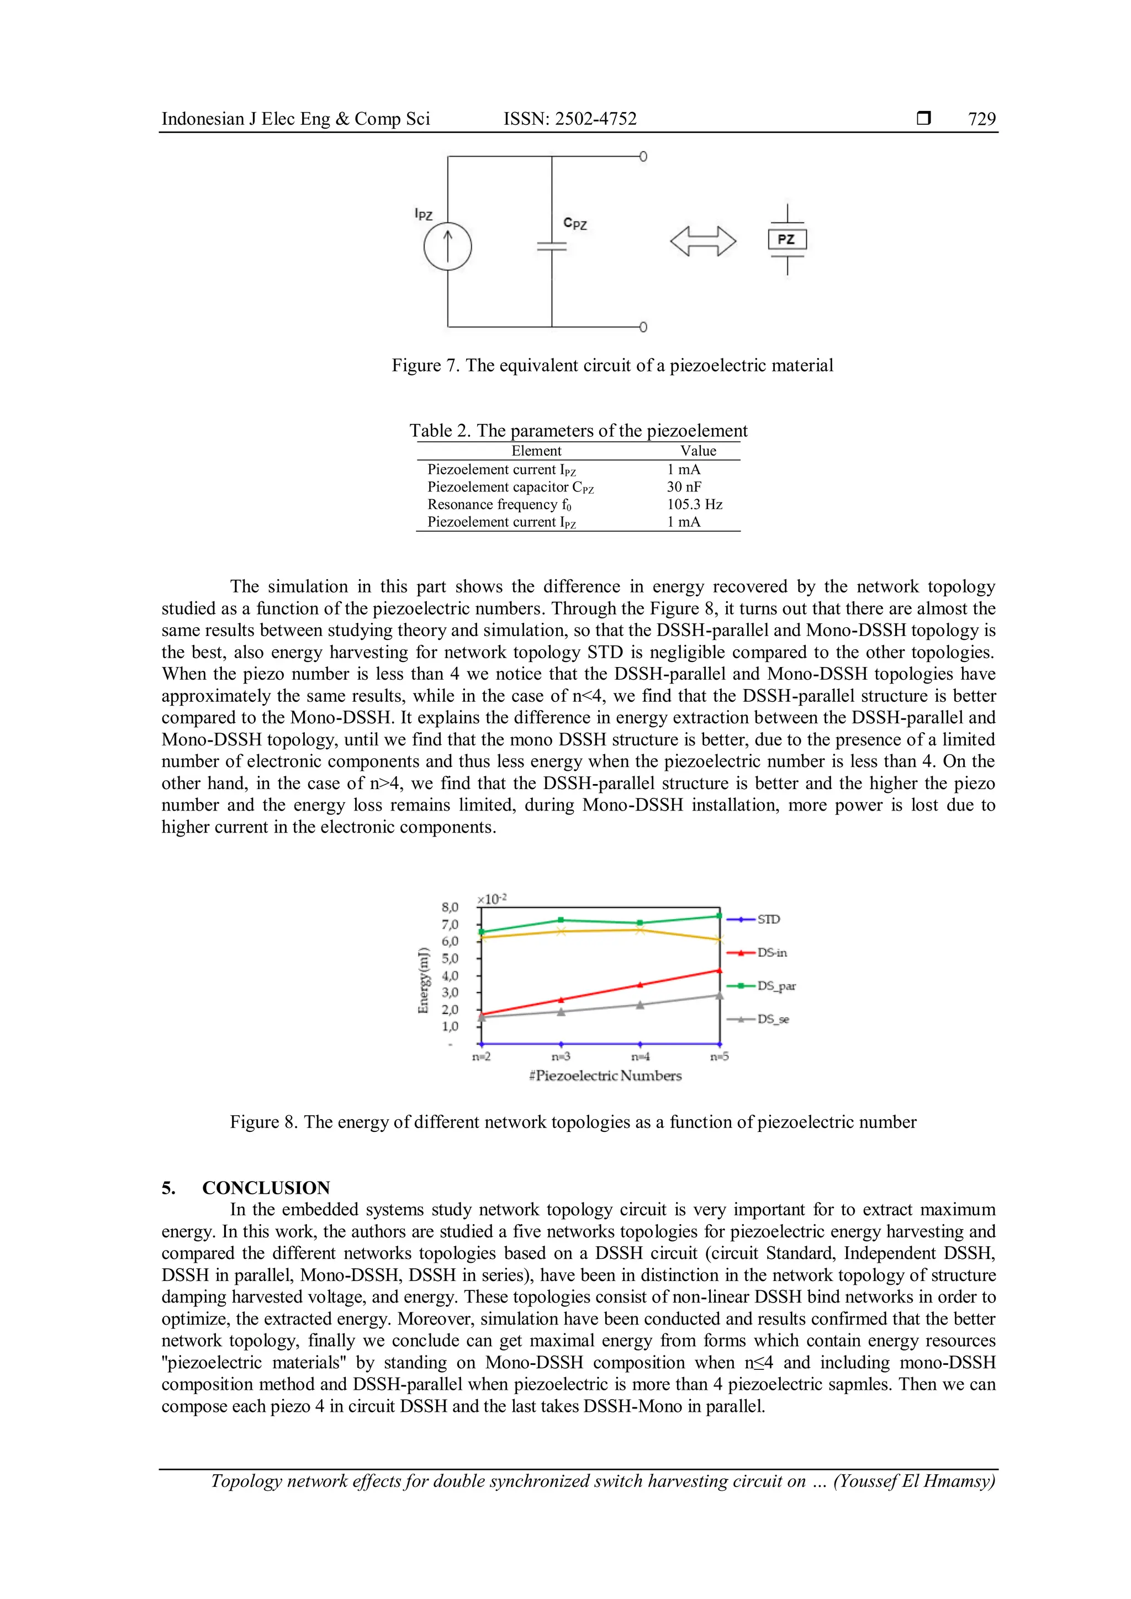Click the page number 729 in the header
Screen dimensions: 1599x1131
[981, 119]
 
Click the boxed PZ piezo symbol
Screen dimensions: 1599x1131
[787, 240]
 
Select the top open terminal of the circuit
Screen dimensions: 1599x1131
[643, 157]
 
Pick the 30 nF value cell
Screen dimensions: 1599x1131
[684, 487]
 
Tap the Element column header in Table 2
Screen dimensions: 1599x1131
[536, 451]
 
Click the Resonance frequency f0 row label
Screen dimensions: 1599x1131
[499, 504]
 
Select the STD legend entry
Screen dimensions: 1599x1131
[755, 919]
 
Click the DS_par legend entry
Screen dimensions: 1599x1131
[762, 986]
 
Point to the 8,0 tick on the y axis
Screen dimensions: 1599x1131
[450, 908]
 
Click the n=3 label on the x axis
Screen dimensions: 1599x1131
[561, 1056]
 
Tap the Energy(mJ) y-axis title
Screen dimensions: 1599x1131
[422, 980]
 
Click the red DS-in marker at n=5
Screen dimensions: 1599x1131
[718, 970]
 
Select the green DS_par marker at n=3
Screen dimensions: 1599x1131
[561, 920]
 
